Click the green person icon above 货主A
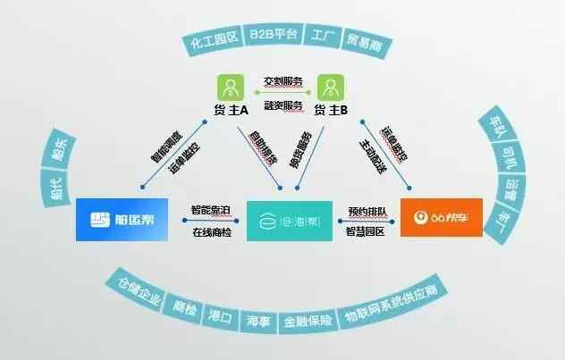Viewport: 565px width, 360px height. pos(231,87)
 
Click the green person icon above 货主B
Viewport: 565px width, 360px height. pos(330,87)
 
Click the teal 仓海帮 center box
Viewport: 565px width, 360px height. pos(282,217)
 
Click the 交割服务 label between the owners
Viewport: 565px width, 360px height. pos(281,80)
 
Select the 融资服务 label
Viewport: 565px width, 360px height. pos(281,105)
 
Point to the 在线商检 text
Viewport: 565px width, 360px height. pos(210,233)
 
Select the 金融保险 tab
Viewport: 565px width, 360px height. pos(308,321)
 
